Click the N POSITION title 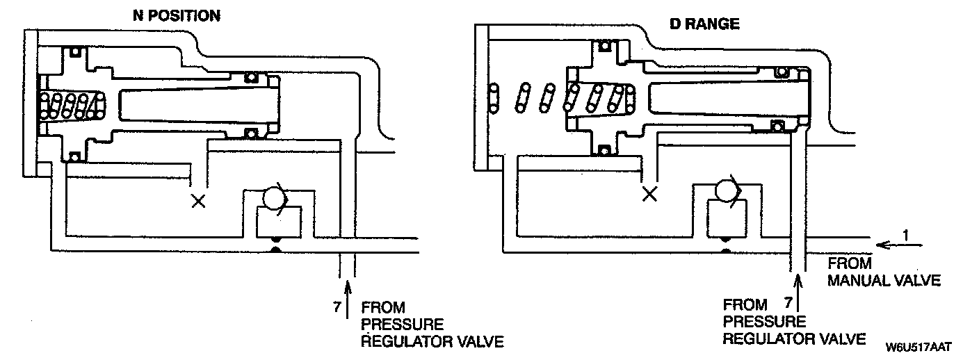pyautogui.click(x=175, y=15)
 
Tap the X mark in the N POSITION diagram pyautogui.click(x=199, y=202)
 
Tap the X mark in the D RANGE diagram pyautogui.click(x=650, y=194)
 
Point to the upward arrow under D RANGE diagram pyautogui.click(x=798, y=293)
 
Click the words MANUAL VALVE pyautogui.click(x=883, y=281)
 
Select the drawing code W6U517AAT pyautogui.click(x=918, y=346)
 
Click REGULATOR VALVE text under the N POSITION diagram pyautogui.click(x=431, y=342)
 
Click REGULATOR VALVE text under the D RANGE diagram pyautogui.click(x=794, y=338)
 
